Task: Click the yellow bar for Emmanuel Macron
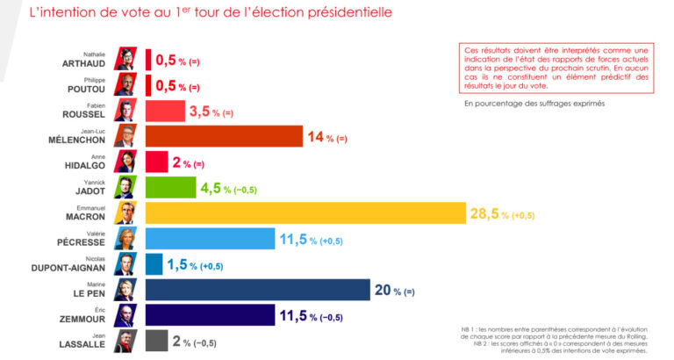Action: tap(305, 213)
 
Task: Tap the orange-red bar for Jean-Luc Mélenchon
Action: tap(223, 137)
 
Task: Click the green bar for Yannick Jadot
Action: tap(169, 188)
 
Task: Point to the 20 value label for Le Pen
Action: tap(384, 290)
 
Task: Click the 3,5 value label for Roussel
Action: tap(200, 112)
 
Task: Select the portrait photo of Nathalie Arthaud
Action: tap(125, 60)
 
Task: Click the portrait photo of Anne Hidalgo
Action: tap(125, 162)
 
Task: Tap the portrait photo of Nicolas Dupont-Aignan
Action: tap(125, 264)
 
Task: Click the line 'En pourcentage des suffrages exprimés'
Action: tap(534, 104)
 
